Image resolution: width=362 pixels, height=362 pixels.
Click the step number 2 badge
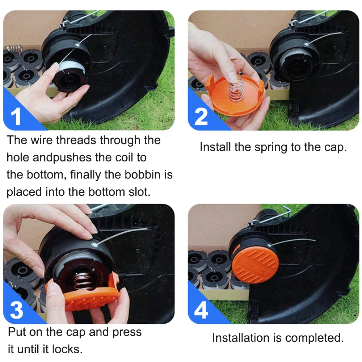pos(201,117)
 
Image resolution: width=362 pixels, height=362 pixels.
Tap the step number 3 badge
pos(16,310)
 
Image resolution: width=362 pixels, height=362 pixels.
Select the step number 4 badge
pos(201,310)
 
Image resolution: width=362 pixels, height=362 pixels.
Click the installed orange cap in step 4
pos(255,265)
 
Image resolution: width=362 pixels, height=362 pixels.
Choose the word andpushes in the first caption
pos(62,158)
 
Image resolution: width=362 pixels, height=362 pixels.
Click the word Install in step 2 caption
pos(215,147)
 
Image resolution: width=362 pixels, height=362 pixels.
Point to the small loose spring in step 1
pos(14,48)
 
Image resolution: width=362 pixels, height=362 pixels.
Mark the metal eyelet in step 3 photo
pos(94,244)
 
